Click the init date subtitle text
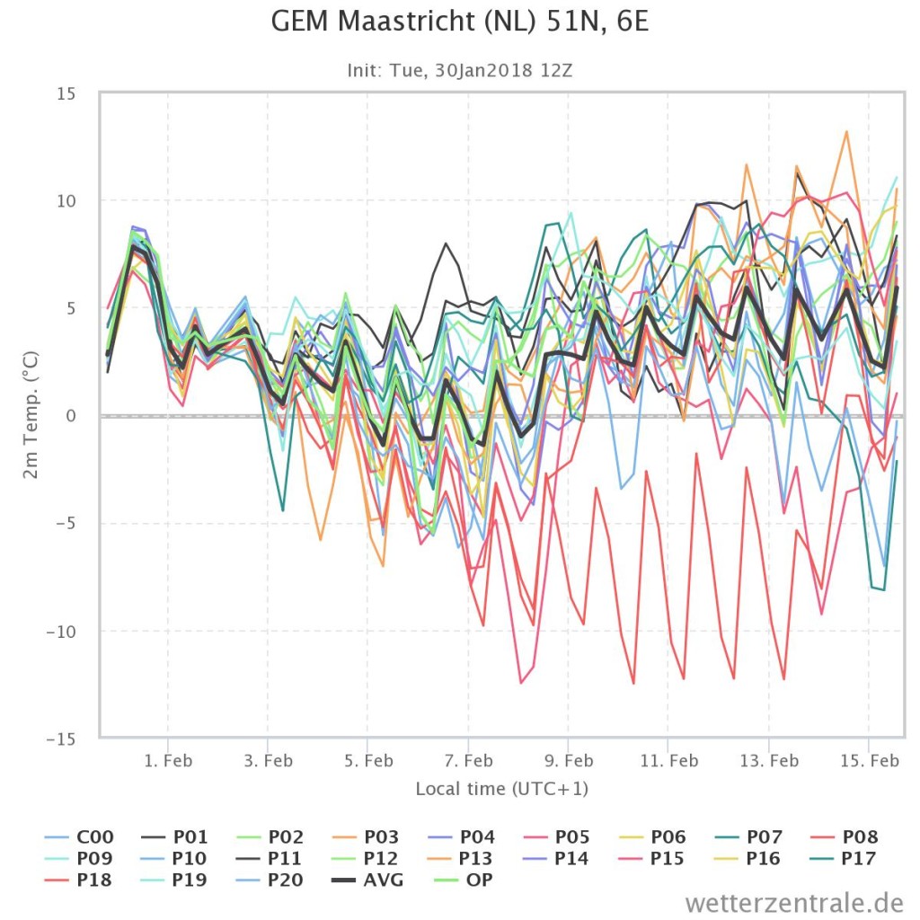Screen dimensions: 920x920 point(459,71)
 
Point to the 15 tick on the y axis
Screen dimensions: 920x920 point(66,93)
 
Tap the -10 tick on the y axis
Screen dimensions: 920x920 point(61,632)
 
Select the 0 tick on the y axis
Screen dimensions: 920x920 point(71,416)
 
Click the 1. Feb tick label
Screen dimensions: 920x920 point(168,761)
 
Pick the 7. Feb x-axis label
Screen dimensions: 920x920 point(468,761)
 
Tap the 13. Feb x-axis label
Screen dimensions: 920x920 point(769,761)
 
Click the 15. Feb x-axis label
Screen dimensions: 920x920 point(869,761)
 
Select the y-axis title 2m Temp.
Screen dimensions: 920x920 point(31,415)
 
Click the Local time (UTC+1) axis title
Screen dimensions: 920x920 point(501,789)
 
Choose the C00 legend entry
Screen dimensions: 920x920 point(79,836)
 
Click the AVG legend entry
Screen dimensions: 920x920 point(367,880)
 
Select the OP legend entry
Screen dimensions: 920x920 point(464,880)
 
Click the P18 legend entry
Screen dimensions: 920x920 point(78,880)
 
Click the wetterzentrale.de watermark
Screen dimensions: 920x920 point(794,902)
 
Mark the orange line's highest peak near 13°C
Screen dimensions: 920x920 point(846,131)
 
